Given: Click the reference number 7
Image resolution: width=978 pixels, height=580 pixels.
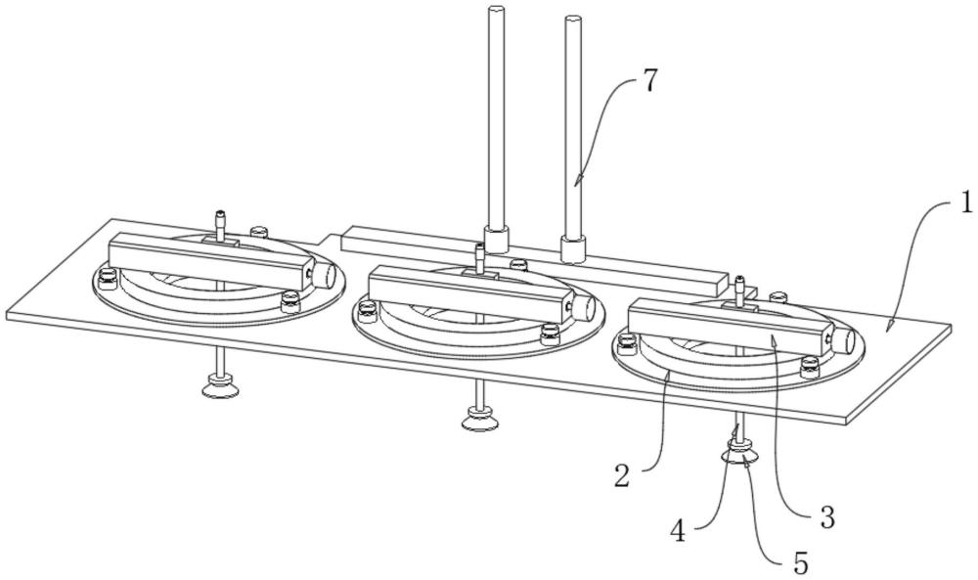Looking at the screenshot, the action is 649,82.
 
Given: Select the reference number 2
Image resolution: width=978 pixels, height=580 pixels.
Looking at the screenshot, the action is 622,476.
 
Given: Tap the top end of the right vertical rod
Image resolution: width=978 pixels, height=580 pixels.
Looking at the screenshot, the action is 572,20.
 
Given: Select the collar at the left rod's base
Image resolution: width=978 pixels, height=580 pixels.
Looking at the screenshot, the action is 497,240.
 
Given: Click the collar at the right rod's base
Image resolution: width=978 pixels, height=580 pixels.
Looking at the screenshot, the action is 573,248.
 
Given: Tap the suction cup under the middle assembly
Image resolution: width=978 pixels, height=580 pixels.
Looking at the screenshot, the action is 479,420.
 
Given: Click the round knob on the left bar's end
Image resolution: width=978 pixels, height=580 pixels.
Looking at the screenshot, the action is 325,275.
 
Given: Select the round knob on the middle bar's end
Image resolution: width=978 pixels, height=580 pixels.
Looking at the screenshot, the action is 584,306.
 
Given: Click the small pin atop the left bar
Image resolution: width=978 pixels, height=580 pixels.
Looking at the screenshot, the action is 219,225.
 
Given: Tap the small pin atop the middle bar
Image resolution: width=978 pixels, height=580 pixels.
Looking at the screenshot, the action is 479,257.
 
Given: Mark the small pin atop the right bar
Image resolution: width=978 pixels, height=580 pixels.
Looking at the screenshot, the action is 739,290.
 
